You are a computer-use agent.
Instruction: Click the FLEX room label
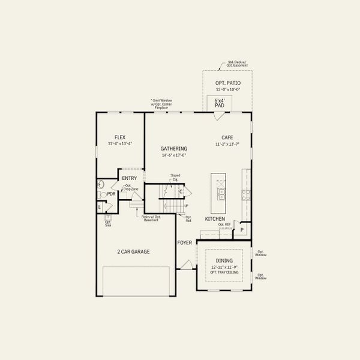click(120, 137)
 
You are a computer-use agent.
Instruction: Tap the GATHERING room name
click(174, 148)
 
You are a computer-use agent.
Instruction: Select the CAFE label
click(227, 137)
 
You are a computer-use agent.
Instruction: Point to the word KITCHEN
click(215, 219)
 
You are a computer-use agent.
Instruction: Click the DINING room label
click(224, 260)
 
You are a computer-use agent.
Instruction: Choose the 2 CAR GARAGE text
click(133, 251)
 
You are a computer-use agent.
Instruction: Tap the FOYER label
click(184, 242)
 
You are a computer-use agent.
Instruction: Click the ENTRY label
click(130, 178)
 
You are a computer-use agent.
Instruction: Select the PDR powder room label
click(111, 194)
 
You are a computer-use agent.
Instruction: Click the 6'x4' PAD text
click(219, 103)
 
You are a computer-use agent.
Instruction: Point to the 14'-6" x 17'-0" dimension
click(174, 155)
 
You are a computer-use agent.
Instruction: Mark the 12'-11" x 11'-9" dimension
click(224, 266)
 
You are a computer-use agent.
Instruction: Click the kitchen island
click(220, 188)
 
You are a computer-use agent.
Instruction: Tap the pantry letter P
click(242, 230)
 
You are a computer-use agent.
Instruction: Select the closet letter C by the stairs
click(181, 191)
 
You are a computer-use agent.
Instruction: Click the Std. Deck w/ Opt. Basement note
click(238, 64)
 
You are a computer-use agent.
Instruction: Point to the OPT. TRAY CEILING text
click(224, 272)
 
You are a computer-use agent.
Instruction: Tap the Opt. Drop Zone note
click(131, 187)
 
